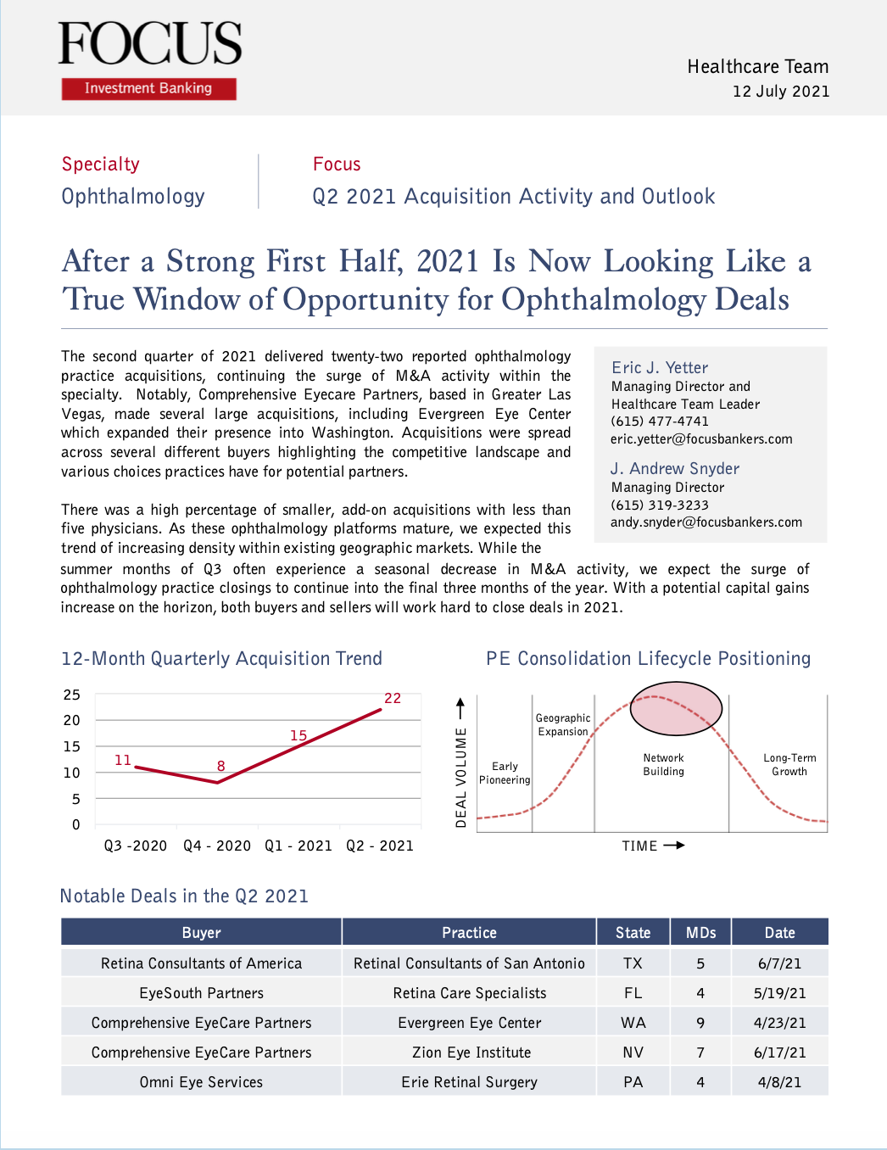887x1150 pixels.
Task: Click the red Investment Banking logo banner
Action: [148, 88]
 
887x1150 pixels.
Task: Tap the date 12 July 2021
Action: [781, 92]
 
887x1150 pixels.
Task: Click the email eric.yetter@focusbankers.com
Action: [701, 439]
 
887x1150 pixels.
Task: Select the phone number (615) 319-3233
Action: [660, 505]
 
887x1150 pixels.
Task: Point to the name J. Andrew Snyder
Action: [675, 468]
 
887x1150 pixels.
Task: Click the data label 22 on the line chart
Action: [393, 699]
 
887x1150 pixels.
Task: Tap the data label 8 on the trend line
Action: [221, 766]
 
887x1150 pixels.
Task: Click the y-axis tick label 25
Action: [72, 695]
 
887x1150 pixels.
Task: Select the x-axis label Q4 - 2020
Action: [217, 846]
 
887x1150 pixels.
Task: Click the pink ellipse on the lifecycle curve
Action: [676, 709]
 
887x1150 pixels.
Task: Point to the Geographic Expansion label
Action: [563, 724]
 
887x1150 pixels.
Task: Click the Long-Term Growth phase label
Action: [789, 765]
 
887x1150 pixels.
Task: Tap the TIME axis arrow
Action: [674, 846]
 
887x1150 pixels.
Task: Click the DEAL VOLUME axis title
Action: [460, 778]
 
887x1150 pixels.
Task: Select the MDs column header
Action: [700, 933]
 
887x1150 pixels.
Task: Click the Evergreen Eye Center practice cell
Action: [469, 1023]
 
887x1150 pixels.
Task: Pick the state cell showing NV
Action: [633, 1052]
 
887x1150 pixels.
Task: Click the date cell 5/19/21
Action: [779, 993]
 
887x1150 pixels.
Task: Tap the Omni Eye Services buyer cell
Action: [201, 1082]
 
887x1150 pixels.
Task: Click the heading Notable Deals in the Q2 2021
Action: [184, 896]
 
